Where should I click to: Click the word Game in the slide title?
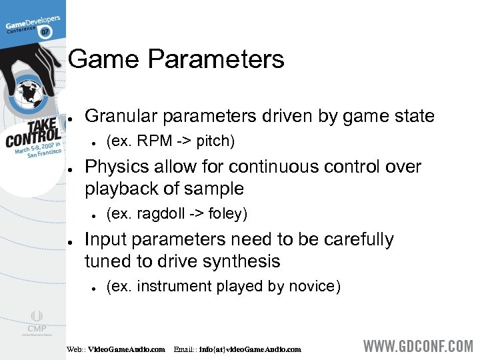coord(103,59)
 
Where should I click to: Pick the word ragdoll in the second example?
coord(159,214)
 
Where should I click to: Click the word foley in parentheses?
coord(226,214)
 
